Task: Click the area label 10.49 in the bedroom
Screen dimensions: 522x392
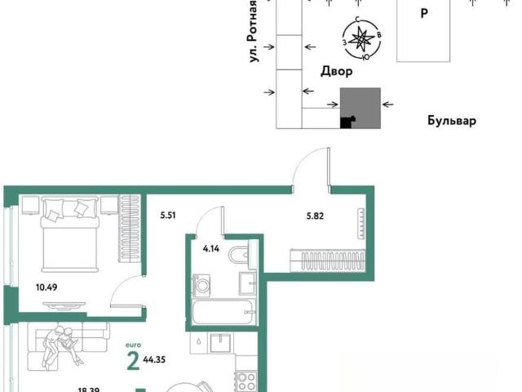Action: pos(46,287)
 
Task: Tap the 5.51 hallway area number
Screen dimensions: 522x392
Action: pos(168,216)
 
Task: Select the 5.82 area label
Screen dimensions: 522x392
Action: pos(315,216)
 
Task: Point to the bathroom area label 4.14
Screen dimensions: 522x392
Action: pos(211,248)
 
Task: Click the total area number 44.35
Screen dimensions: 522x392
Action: pos(154,359)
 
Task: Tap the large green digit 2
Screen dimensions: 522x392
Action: pos(133,361)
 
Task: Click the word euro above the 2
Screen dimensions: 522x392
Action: pos(133,345)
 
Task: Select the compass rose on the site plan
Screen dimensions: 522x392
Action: pos(362,39)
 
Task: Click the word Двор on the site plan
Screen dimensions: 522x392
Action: pos(337,71)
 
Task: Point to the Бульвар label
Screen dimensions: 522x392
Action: pos(452,120)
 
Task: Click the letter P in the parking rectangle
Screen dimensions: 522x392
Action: pos(424,14)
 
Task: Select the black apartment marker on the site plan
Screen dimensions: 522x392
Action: pos(347,122)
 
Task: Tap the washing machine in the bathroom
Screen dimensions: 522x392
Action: pos(201,285)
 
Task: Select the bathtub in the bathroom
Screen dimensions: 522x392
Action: pos(223,311)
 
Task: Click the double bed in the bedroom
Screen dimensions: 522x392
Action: pos(70,234)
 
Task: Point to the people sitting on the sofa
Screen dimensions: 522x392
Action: pos(60,346)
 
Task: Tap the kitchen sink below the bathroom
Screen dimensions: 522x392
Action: pos(220,343)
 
